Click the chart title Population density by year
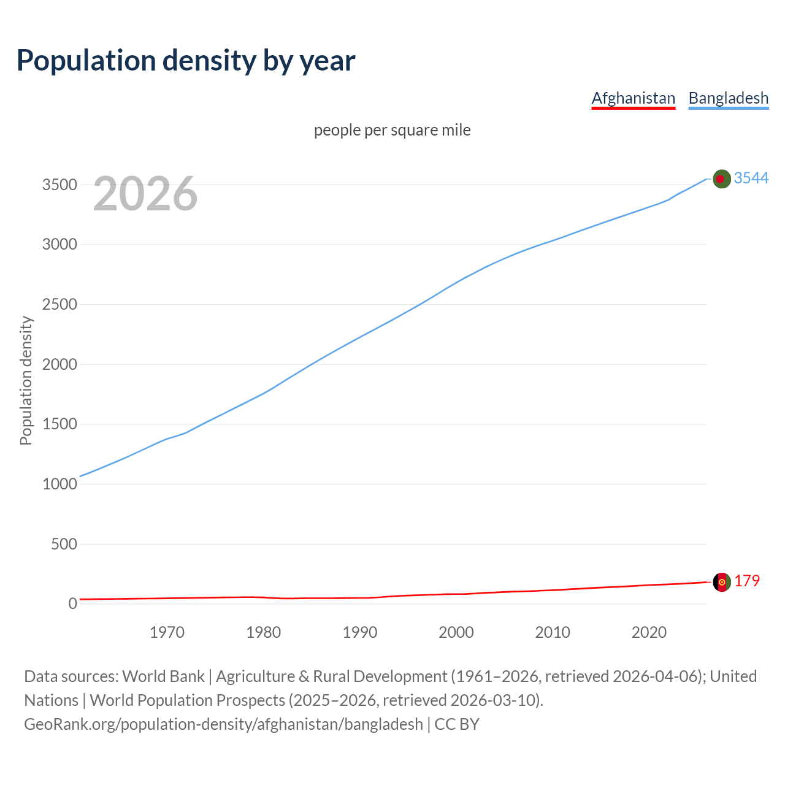tap(186, 61)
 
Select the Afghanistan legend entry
tap(633, 98)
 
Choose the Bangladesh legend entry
tap(728, 98)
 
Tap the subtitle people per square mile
tap(392, 131)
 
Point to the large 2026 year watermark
tap(145, 194)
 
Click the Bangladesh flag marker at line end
tap(722, 178)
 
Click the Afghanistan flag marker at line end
tap(722, 582)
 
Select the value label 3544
tap(751, 178)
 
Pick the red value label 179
tap(746, 581)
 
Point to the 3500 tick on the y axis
tap(59, 185)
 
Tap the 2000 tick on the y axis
tap(59, 364)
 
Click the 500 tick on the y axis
tap(64, 544)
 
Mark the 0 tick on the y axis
tap(73, 603)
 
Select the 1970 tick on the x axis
tap(167, 632)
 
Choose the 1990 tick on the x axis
tap(360, 632)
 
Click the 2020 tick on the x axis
tap(649, 632)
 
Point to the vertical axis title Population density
tap(26, 380)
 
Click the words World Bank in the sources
tap(163, 676)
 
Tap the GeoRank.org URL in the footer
tap(223, 724)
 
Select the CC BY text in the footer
tap(457, 724)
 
